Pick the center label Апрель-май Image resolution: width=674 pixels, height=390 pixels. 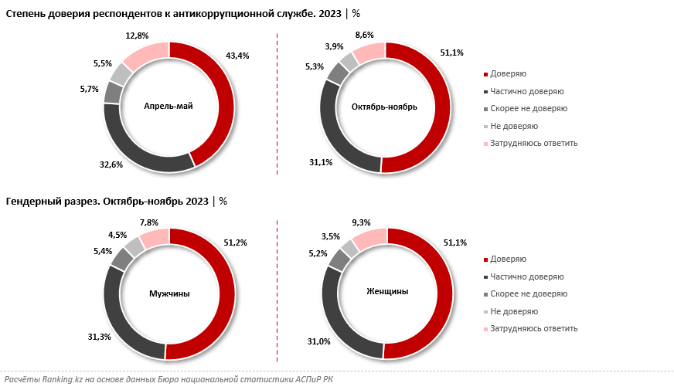point(168,107)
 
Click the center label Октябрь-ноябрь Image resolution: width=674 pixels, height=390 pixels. point(384,107)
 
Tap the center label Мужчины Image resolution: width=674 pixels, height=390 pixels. point(168,293)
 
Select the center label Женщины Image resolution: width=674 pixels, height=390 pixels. point(386,291)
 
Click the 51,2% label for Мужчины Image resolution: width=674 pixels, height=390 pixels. point(236,242)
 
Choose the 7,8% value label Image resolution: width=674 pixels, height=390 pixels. point(148,222)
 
